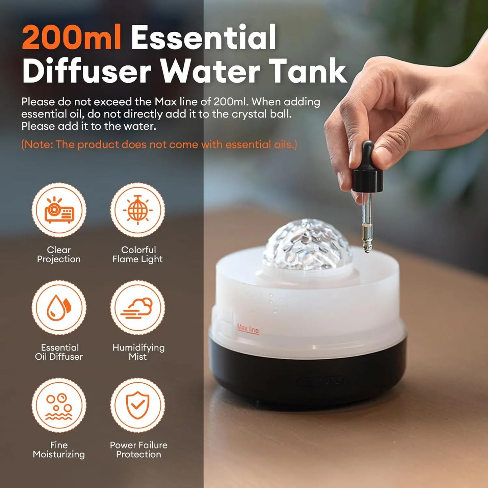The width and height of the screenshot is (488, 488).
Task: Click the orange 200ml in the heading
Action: click(71, 38)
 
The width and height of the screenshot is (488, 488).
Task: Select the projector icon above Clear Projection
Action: click(59, 210)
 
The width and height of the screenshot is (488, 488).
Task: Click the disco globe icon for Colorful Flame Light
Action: click(138, 210)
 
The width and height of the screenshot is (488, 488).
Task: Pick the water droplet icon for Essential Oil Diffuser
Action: click(59, 307)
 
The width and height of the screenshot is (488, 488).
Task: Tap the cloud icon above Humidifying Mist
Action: click(138, 307)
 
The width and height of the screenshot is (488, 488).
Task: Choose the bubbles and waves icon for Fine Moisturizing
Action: click(59, 405)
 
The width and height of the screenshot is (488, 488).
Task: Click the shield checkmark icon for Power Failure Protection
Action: click(138, 405)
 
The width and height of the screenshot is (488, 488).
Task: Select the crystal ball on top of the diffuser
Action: click(307, 245)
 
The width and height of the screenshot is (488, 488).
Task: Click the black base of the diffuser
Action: click(307, 378)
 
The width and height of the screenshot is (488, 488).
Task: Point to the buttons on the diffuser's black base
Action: click(320, 382)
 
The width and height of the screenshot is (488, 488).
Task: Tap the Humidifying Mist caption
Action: click(138, 352)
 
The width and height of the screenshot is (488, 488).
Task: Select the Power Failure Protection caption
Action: click(138, 450)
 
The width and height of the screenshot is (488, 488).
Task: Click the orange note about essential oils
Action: click(159, 145)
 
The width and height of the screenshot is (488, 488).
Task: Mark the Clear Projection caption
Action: click(59, 254)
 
